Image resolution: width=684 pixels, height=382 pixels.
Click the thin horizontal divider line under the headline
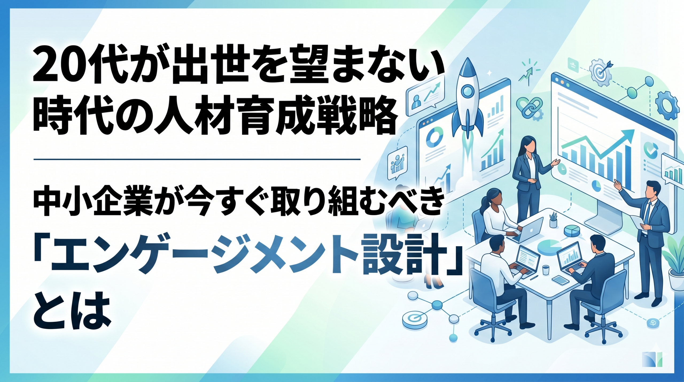(x=197, y=160)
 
